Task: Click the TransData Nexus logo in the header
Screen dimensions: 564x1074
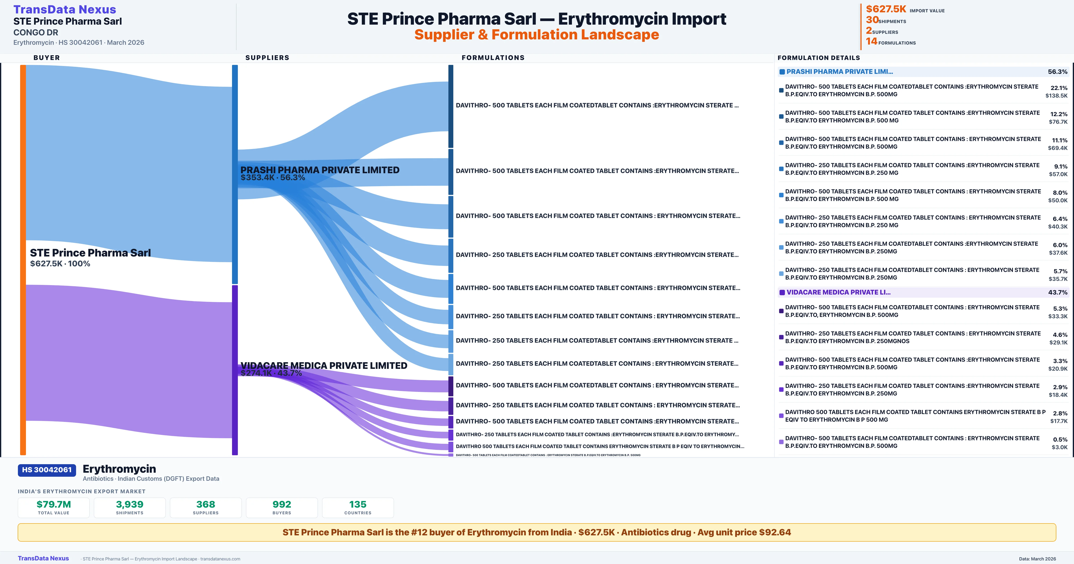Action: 65,10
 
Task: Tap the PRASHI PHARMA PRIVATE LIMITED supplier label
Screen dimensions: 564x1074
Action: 320,170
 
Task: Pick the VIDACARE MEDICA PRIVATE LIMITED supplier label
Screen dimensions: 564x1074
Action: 324,366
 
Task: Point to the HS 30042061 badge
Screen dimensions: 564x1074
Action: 47,470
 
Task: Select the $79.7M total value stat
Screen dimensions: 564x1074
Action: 54,505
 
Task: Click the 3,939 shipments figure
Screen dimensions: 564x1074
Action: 130,505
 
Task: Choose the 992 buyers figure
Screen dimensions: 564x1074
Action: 282,505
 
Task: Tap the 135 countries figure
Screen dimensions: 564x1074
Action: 358,505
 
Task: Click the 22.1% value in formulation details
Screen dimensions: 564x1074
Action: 1059,88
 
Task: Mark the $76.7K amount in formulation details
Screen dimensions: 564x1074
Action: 1058,122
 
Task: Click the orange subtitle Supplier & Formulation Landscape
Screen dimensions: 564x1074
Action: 537,35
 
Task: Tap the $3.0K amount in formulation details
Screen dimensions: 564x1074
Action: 1059,447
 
